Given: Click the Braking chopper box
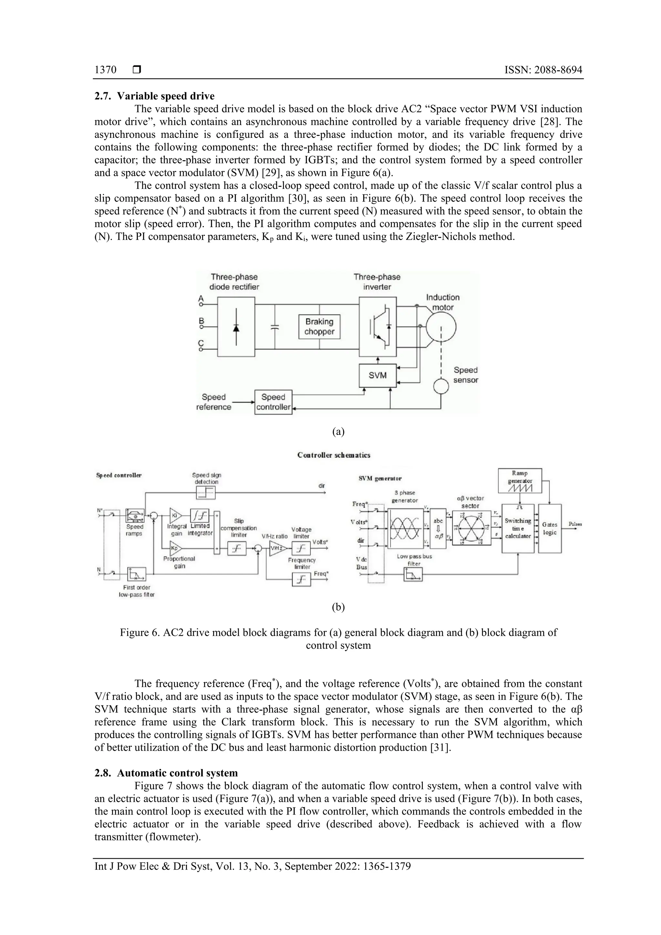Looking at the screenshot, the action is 319,327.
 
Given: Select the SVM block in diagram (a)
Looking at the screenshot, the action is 378,375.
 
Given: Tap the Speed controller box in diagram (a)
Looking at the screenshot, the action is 273,402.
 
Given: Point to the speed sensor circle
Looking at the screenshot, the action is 441,386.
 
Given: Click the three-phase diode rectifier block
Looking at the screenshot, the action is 236,327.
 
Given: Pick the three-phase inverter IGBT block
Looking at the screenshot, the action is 378,327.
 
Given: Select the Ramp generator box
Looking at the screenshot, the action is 520,480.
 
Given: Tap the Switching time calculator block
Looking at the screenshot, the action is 518,529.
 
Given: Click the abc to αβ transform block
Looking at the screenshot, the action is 438,528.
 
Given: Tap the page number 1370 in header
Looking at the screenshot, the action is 106,70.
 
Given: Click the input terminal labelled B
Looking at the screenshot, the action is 201,326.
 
